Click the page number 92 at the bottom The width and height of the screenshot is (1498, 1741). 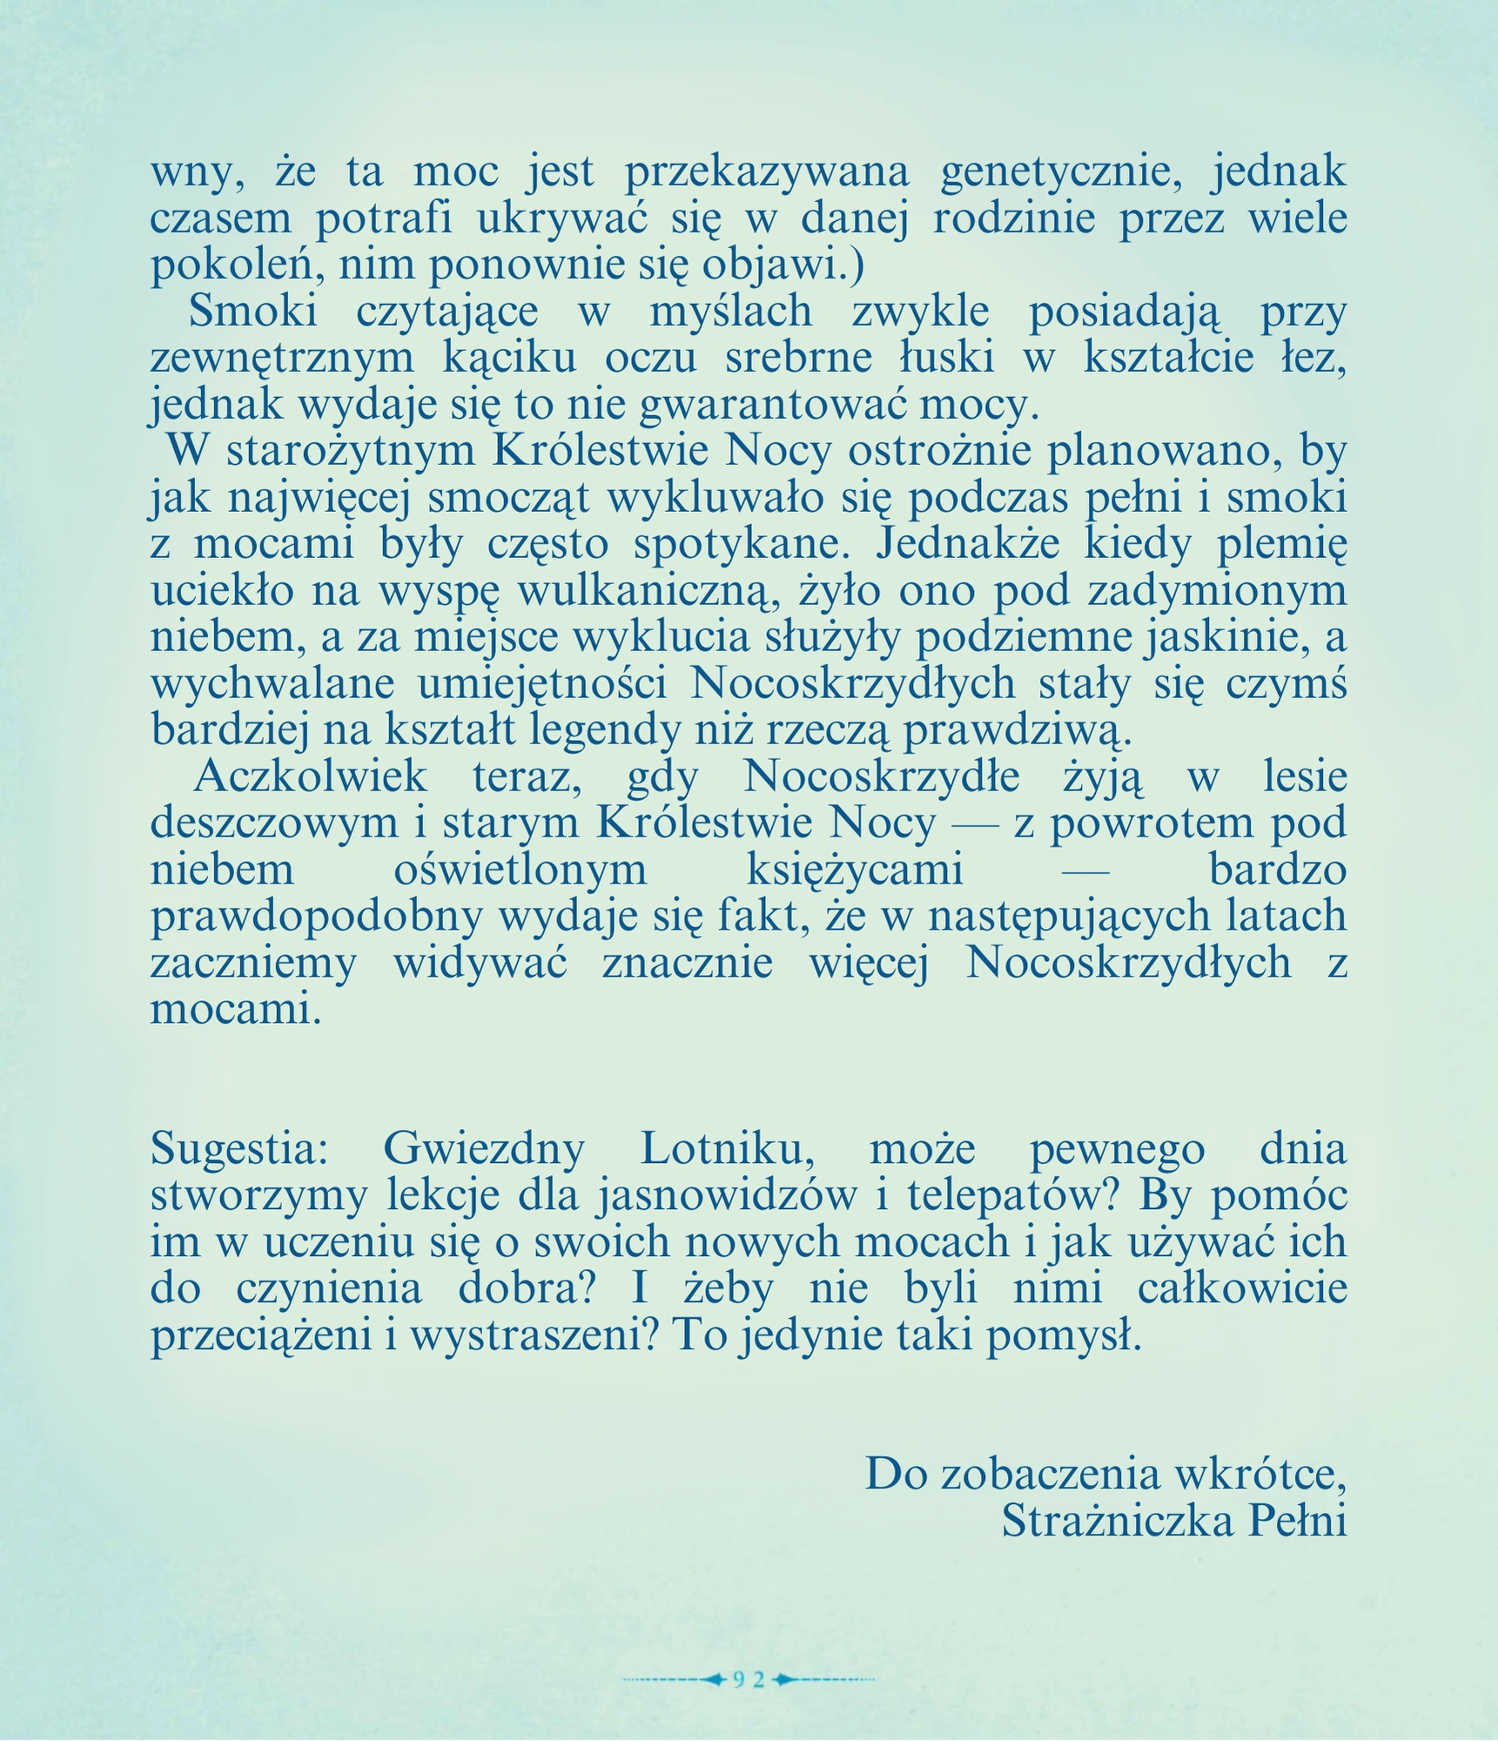pyautogui.click(x=748, y=1679)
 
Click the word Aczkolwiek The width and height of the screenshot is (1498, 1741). pyautogui.click(x=310, y=776)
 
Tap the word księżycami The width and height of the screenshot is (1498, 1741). pyautogui.click(x=855, y=870)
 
